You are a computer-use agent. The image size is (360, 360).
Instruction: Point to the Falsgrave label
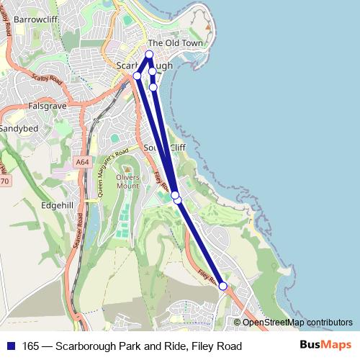tap(47, 105)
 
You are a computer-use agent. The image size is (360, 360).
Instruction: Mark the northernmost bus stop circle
tap(150, 55)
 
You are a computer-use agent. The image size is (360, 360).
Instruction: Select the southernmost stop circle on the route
tap(223, 286)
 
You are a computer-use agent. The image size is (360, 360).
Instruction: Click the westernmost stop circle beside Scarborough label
tap(137, 76)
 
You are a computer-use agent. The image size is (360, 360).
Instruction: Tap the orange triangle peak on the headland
tap(207, 30)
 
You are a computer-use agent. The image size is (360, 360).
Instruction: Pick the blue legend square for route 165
tap(10, 346)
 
